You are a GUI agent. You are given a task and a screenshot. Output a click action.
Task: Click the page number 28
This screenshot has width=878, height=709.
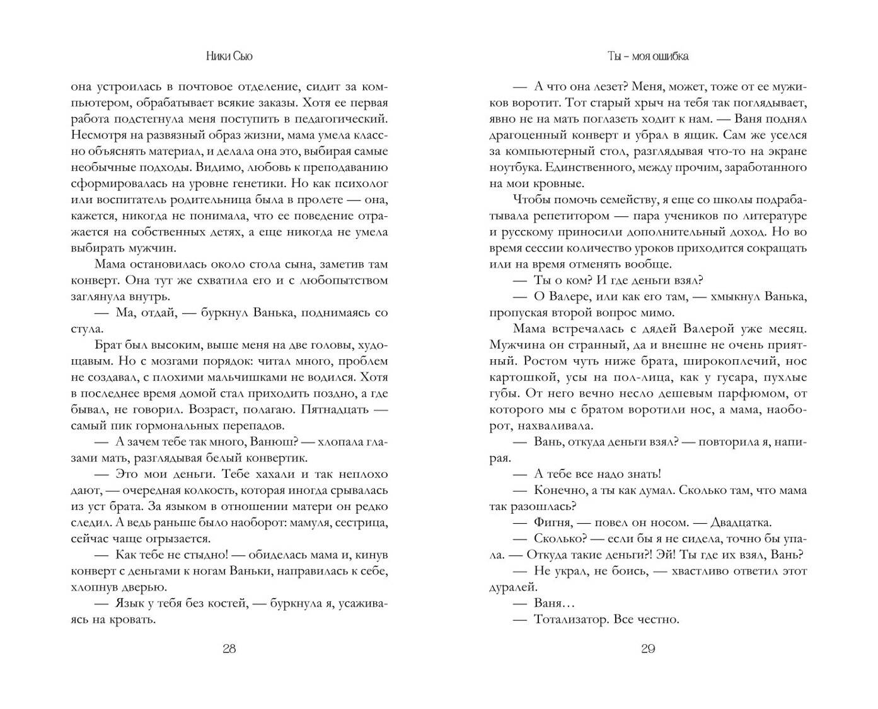pos(229,649)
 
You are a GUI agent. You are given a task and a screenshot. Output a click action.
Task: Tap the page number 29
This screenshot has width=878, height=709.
pos(648,649)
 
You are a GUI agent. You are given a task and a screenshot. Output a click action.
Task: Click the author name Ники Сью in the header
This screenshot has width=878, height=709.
pos(229,56)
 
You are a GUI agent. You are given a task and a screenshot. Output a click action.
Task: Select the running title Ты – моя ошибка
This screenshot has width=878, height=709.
pos(648,56)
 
